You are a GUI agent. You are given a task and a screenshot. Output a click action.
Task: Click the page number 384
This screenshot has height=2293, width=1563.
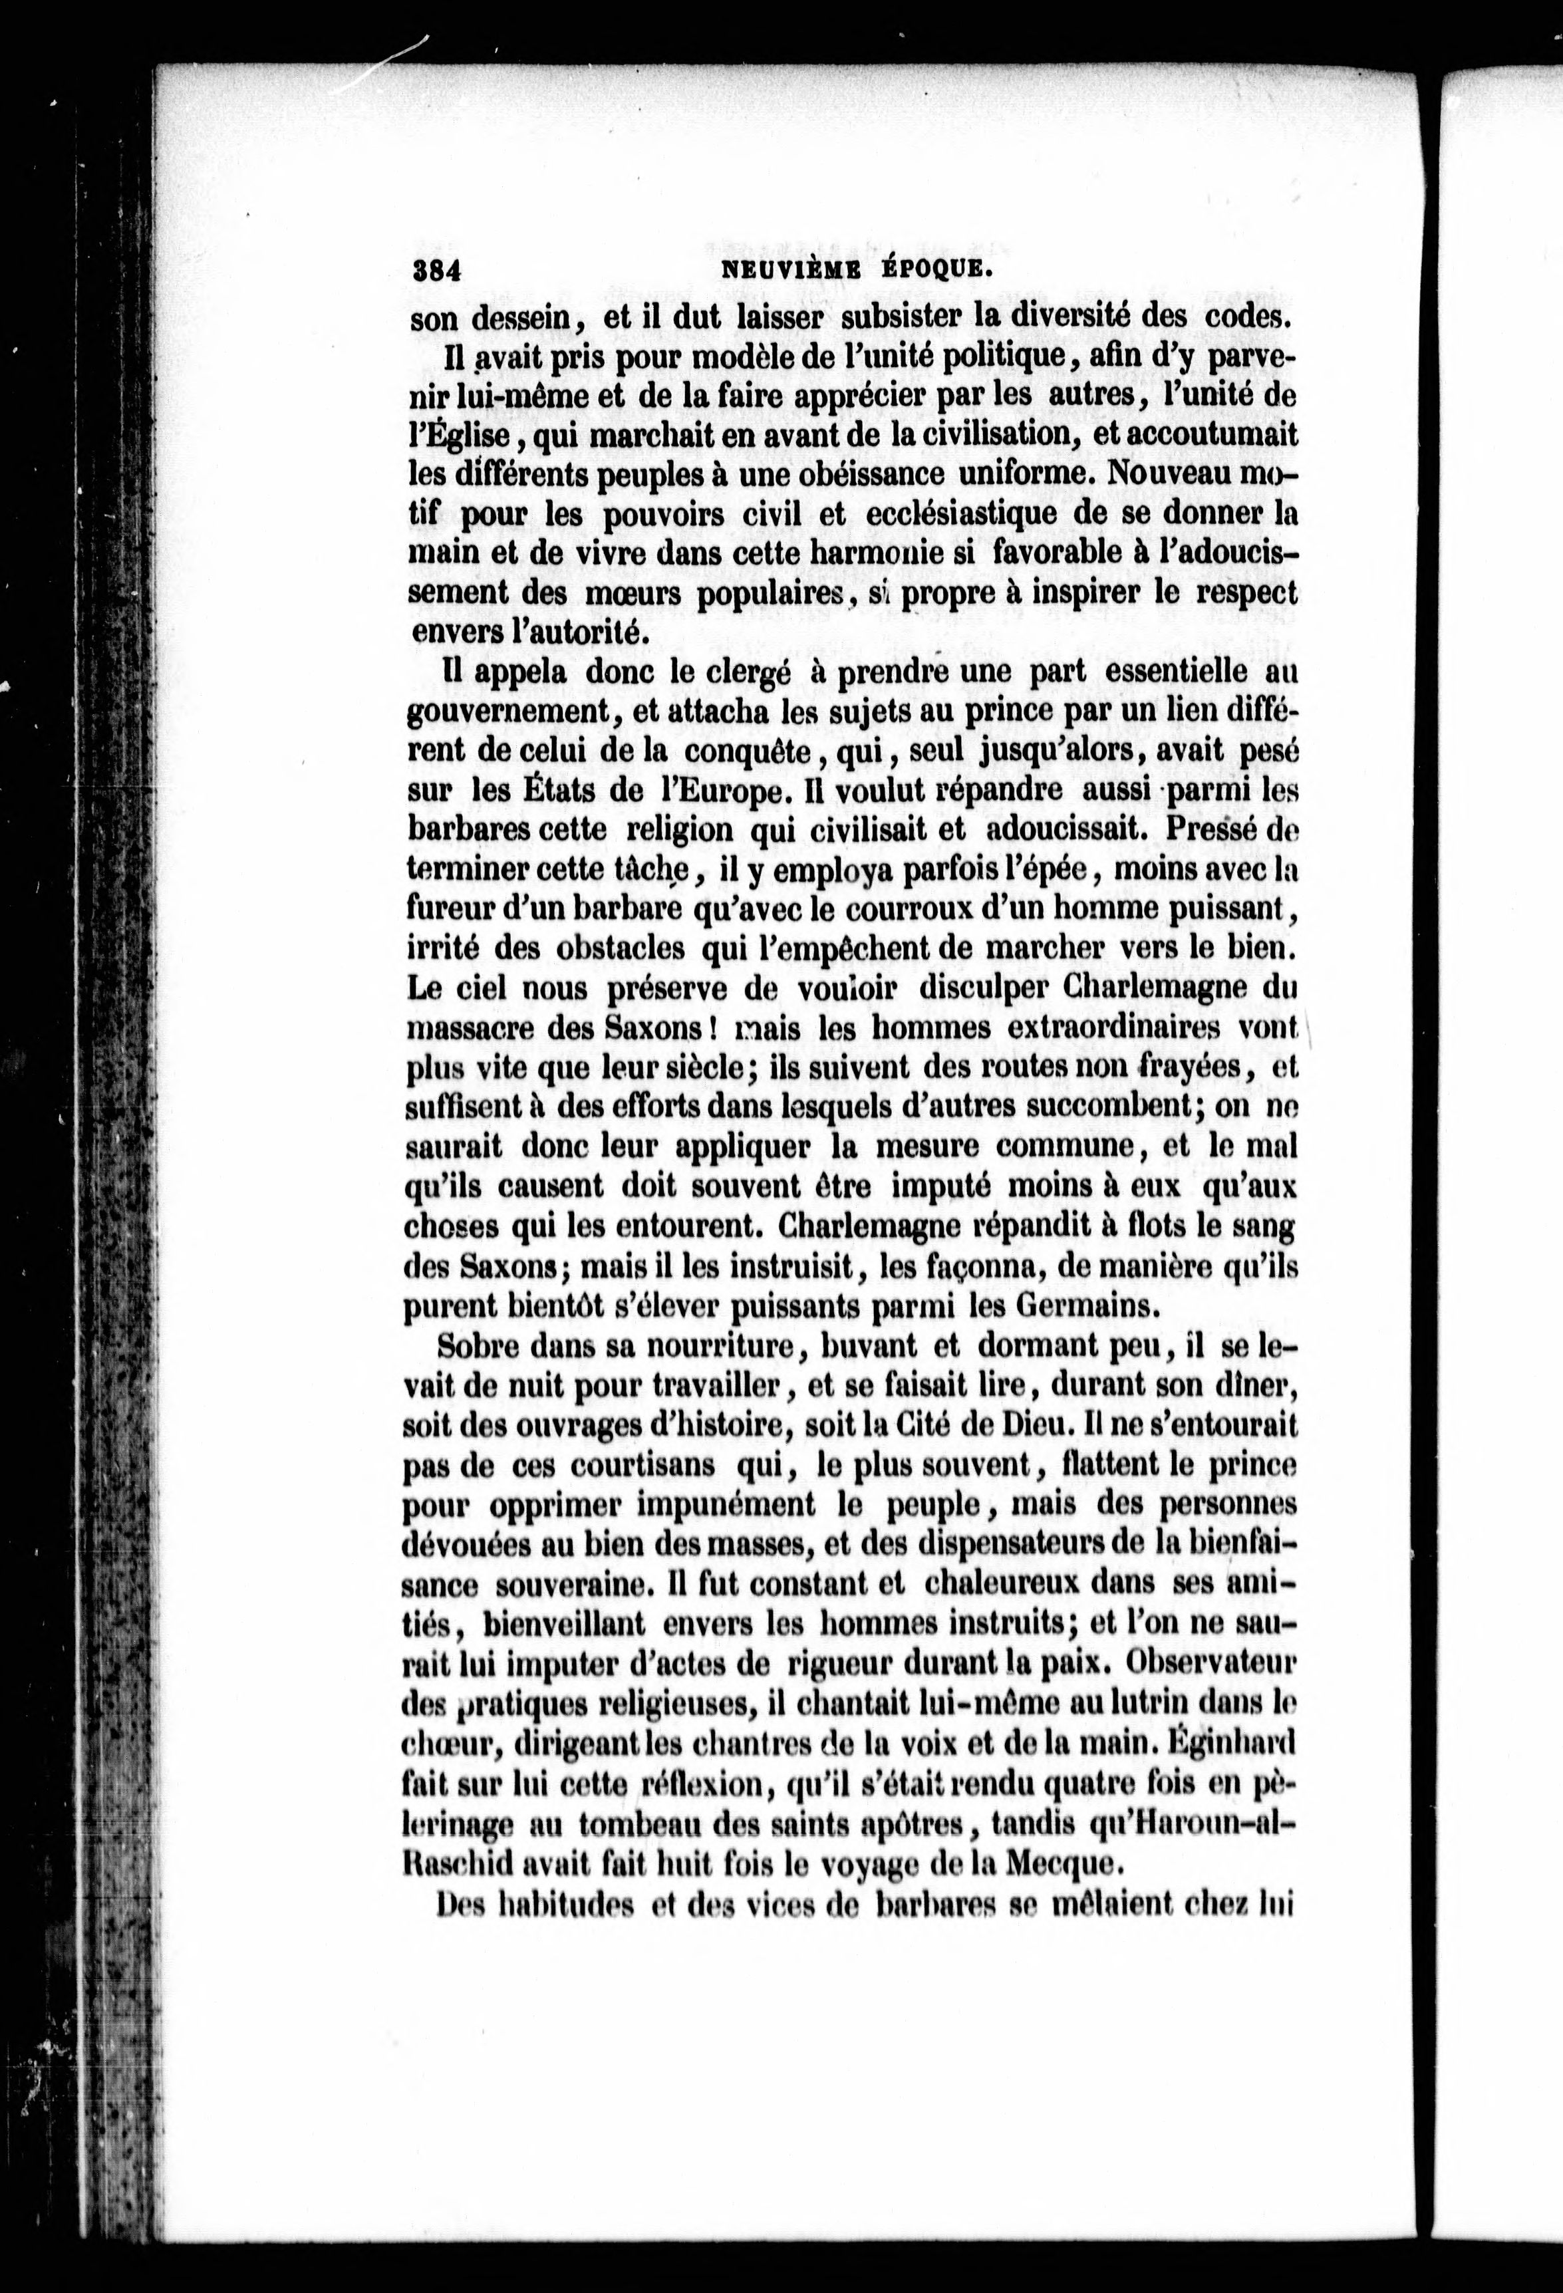point(437,269)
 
